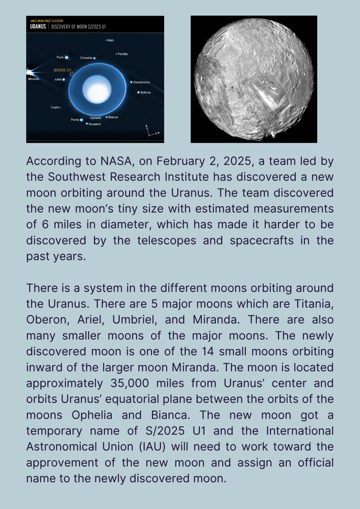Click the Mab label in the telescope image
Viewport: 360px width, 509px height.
(x=111, y=40)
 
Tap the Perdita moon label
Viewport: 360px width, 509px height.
(x=123, y=54)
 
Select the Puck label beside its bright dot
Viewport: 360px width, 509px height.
(x=60, y=57)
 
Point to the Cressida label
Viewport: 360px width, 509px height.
(x=86, y=58)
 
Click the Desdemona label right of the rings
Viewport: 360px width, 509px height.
(x=142, y=82)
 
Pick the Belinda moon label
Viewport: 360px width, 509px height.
(x=145, y=92)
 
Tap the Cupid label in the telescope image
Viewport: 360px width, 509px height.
(x=55, y=107)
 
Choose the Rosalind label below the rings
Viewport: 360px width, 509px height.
(x=95, y=124)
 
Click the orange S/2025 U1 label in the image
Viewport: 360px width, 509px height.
(x=62, y=70)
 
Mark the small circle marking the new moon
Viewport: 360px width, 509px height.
(x=72, y=74)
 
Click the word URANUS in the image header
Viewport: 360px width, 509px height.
(x=38, y=26)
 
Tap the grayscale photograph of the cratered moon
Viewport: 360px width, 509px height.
(x=254, y=79)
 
